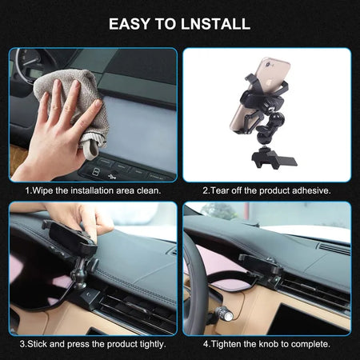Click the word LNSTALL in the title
[x=215, y=24]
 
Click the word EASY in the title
[x=130, y=24]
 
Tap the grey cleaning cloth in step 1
[x=78, y=106]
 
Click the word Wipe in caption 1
[x=43, y=190]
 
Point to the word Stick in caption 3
[x=37, y=344]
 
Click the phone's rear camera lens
[x=267, y=64]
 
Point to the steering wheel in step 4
[x=196, y=280]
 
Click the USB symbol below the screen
[x=112, y=176]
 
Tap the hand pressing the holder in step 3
[x=80, y=218]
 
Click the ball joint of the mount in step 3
[x=77, y=274]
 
